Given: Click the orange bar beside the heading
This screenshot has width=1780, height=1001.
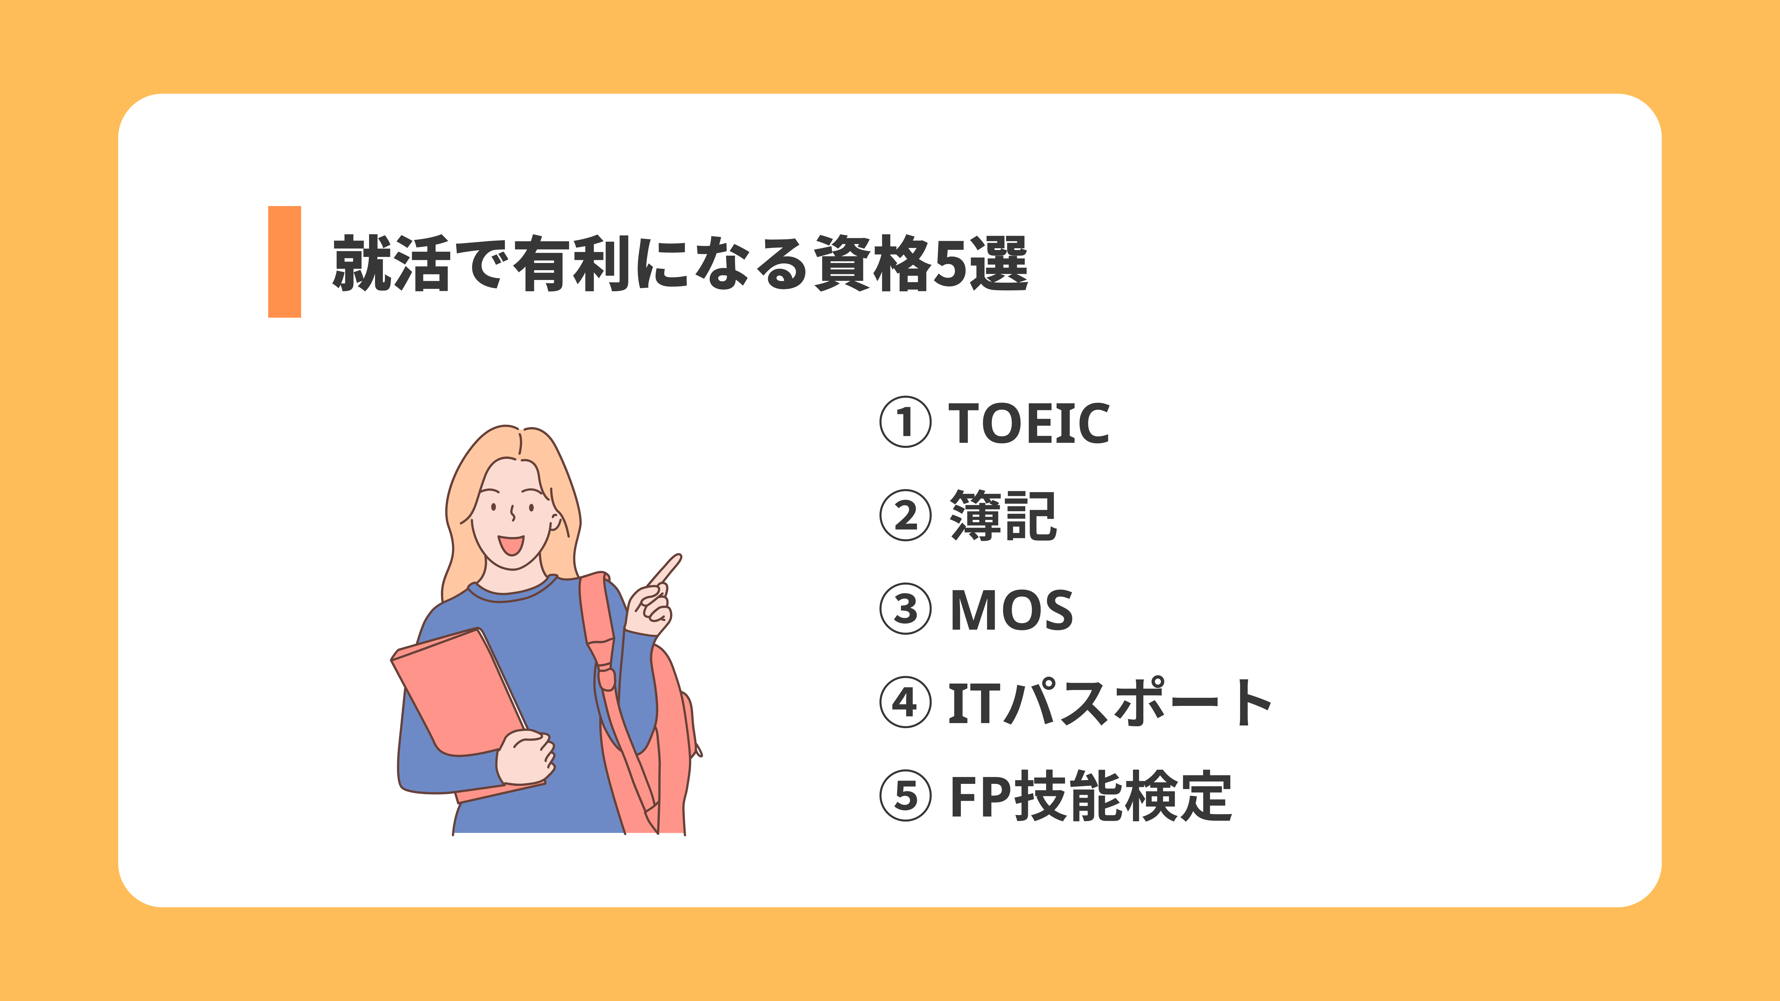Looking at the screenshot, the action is pos(284,262).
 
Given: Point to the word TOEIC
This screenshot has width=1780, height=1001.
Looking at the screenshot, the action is pos(1029,423).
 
